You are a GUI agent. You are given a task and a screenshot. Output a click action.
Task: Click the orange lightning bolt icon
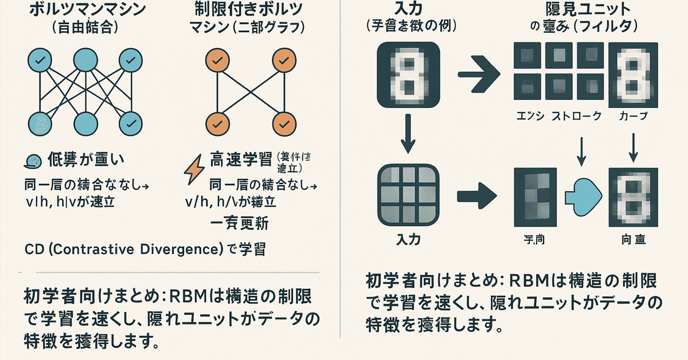pyautogui.click(x=192, y=166)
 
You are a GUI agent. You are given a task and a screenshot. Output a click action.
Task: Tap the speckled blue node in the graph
pyautogui.click(x=41, y=122)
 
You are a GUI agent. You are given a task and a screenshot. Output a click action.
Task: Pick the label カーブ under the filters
pyautogui.click(x=634, y=116)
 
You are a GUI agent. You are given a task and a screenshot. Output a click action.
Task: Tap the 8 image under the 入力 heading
pyautogui.click(x=409, y=73)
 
